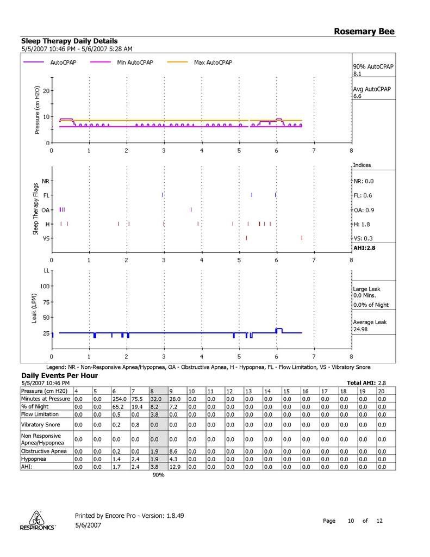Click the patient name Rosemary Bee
click(x=364, y=32)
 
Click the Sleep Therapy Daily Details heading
click(x=69, y=41)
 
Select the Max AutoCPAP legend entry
click(x=213, y=63)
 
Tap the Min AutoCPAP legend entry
click(x=135, y=63)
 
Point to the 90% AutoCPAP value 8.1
click(x=358, y=73)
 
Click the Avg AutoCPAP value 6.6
click(x=358, y=96)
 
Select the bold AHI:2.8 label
click(x=364, y=247)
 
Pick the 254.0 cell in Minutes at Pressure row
click(x=118, y=399)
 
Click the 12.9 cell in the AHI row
click(x=175, y=466)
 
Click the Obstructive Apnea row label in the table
click(x=43, y=451)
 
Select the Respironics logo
click(x=36, y=521)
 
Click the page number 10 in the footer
click(x=351, y=521)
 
